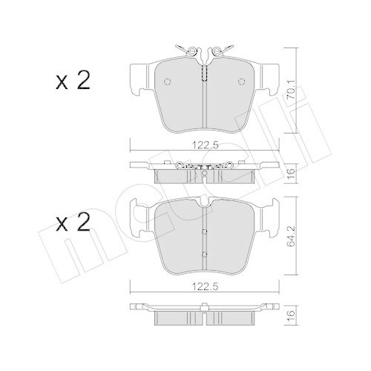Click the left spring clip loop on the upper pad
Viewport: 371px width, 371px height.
point(192,51)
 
